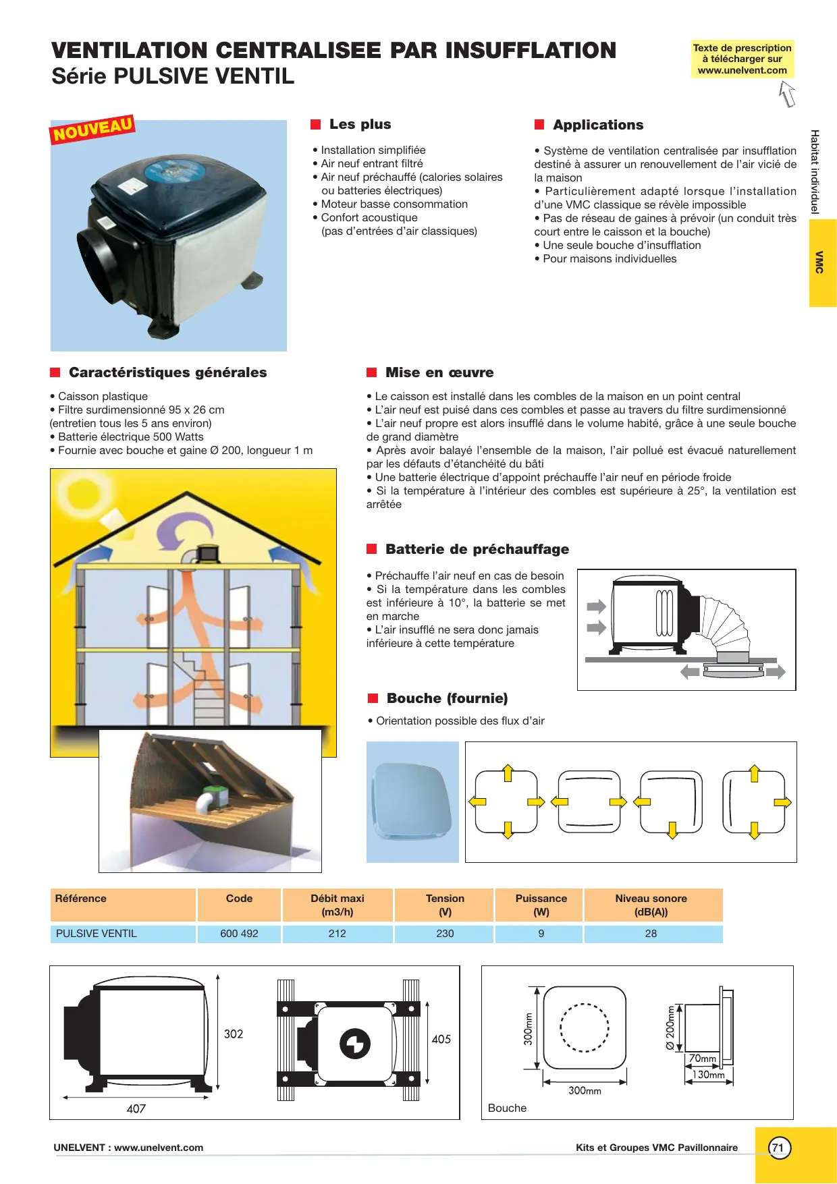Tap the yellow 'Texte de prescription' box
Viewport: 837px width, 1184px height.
point(742,59)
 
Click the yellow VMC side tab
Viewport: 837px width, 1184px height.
point(822,262)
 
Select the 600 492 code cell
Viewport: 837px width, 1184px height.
point(239,934)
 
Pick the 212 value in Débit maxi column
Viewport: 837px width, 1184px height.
point(337,934)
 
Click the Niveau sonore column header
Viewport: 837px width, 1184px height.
point(651,905)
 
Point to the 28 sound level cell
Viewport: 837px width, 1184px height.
point(651,934)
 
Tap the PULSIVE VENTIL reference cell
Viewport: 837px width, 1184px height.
point(97,934)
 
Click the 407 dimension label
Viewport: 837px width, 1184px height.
point(136,1108)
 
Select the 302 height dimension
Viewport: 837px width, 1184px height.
point(234,1034)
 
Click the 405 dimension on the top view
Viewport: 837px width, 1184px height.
point(441,1039)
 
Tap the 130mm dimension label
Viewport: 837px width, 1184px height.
point(709,1075)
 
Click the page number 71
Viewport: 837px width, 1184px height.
point(779,1148)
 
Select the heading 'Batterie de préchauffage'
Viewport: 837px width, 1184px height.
point(477,549)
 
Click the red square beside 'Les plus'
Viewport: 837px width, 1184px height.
point(315,125)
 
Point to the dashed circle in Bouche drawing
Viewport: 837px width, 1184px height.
point(585,1027)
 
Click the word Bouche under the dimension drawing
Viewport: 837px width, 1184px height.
point(507,1108)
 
